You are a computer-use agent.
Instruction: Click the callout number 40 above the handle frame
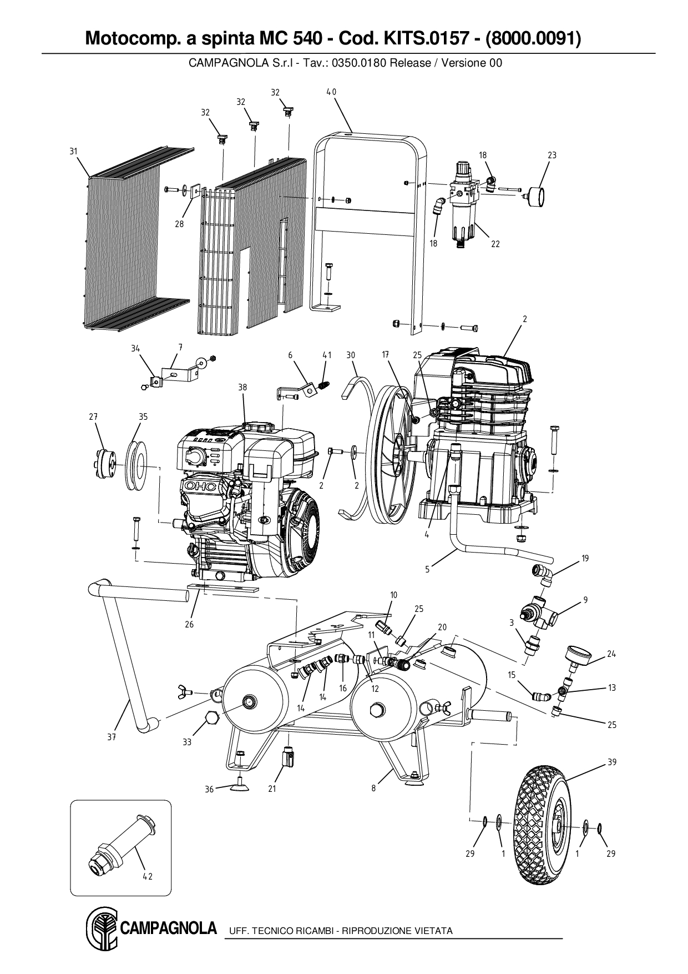point(331,92)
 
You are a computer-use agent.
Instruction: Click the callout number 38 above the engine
point(242,388)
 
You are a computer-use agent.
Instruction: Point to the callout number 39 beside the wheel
point(611,762)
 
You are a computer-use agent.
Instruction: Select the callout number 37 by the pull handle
point(112,737)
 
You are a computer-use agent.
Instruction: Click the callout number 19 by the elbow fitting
point(585,559)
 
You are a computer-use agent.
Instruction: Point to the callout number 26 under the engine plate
point(189,624)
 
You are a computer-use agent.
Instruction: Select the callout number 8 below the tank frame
point(373,787)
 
